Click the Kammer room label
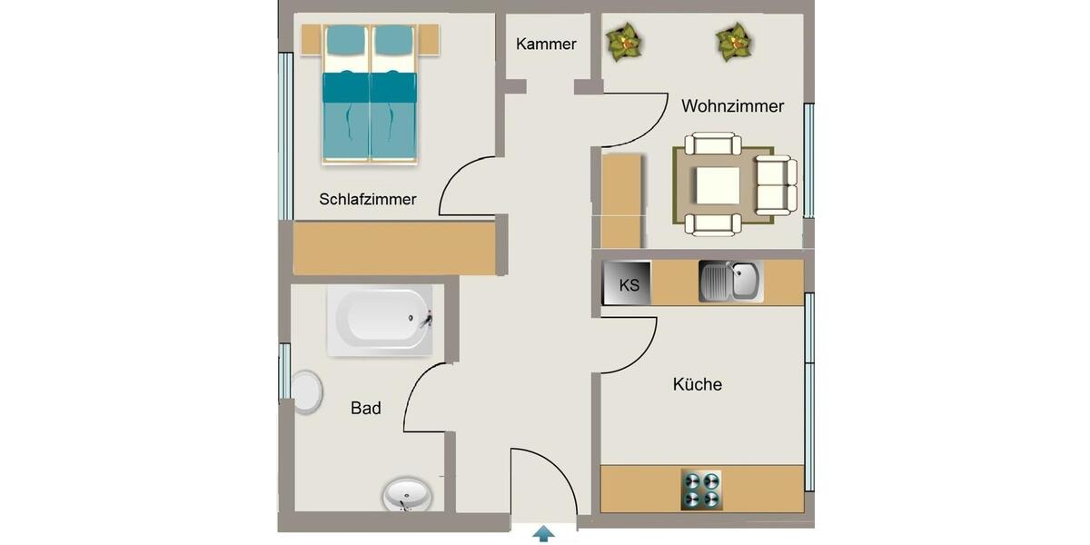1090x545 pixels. pos(546,44)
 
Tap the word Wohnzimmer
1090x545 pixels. pos(732,106)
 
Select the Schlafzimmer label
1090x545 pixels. pos(368,199)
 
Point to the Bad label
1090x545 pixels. pos(366,409)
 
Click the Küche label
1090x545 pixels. pos(698,384)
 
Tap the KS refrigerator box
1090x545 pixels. pos(628,284)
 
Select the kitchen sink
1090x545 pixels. pos(730,282)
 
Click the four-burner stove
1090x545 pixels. pos(701,490)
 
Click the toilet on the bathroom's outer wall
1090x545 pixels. pos(306,391)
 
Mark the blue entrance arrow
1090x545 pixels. pos(543,533)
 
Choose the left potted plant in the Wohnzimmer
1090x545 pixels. pos(624,42)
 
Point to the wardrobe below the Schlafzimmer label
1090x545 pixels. pos(394,248)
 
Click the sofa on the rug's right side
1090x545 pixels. pos(778,185)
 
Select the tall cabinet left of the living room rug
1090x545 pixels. pos(622,200)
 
